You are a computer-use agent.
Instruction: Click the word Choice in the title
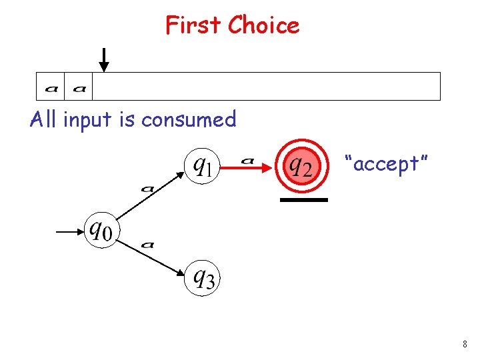[263, 25]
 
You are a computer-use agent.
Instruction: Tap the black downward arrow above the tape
[103, 59]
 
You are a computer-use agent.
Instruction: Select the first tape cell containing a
[51, 87]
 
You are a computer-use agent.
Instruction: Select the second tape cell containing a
[79, 87]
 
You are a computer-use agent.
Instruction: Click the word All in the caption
[44, 120]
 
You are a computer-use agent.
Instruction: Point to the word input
[89, 120]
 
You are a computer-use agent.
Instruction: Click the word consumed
[189, 120]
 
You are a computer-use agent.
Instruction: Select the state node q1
[202, 165]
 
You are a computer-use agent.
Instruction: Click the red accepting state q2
[299, 165]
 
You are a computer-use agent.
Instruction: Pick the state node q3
[203, 277]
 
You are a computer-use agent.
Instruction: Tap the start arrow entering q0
[69, 232]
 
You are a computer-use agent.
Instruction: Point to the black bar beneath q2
[304, 199]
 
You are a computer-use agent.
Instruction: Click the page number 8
[464, 345]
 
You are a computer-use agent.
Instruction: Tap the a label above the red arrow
[247, 160]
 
